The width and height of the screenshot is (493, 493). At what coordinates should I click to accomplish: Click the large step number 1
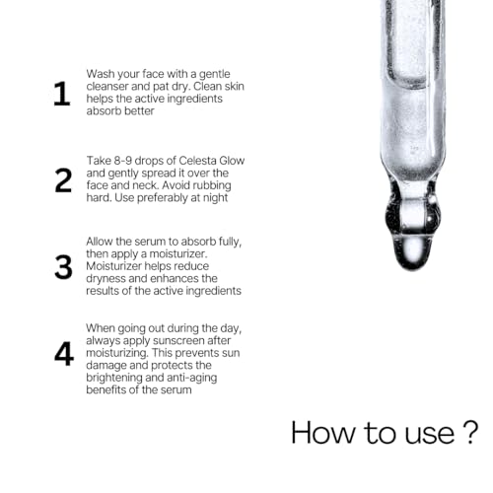click(62, 94)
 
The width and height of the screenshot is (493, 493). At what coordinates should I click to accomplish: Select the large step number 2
click(63, 180)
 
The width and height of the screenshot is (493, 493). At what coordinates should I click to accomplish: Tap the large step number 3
click(63, 267)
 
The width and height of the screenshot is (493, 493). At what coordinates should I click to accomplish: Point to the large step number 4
click(64, 354)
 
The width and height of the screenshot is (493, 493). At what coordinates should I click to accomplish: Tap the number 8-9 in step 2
click(123, 161)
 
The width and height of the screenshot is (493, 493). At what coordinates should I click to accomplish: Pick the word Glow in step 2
click(232, 161)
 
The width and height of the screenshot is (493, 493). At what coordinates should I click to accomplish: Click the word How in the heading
click(323, 433)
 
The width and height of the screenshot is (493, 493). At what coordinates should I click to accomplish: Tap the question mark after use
click(470, 433)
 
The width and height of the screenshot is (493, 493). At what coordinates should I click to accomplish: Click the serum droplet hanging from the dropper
click(413, 252)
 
